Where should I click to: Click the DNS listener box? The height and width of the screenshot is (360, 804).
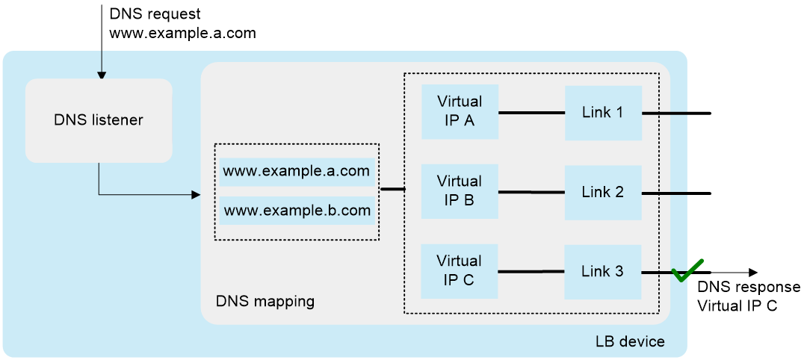[x=99, y=120]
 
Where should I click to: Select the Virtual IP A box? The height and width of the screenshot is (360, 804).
[x=460, y=112]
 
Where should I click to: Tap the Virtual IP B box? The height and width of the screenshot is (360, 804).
[x=460, y=191]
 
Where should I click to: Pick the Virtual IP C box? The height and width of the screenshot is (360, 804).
[x=460, y=271]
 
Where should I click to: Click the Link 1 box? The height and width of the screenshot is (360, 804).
[x=604, y=113]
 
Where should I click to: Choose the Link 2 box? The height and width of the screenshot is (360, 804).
[x=604, y=193]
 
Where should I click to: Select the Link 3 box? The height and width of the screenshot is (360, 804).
[x=604, y=272]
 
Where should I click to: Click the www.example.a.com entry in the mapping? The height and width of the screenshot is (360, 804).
[x=297, y=172]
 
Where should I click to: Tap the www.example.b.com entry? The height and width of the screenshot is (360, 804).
[x=297, y=211]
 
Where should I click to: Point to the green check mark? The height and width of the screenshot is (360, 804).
[x=688, y=270]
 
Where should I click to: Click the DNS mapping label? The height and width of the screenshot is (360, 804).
[x=265, y=301]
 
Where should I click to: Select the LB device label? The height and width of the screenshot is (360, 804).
[x=630, y=341]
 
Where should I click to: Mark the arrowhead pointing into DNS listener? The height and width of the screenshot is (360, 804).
[x=102, y=75]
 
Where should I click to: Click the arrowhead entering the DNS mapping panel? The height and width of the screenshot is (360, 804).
[x=195, y=195]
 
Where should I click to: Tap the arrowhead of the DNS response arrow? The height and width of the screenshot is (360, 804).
[x=752, y=273]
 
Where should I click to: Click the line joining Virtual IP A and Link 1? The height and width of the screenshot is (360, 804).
[x=532, y=112]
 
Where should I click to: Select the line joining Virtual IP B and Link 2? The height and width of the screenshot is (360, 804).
[x=532, y=192]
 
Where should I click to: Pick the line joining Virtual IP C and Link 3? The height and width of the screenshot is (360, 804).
[x=532, y=272]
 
